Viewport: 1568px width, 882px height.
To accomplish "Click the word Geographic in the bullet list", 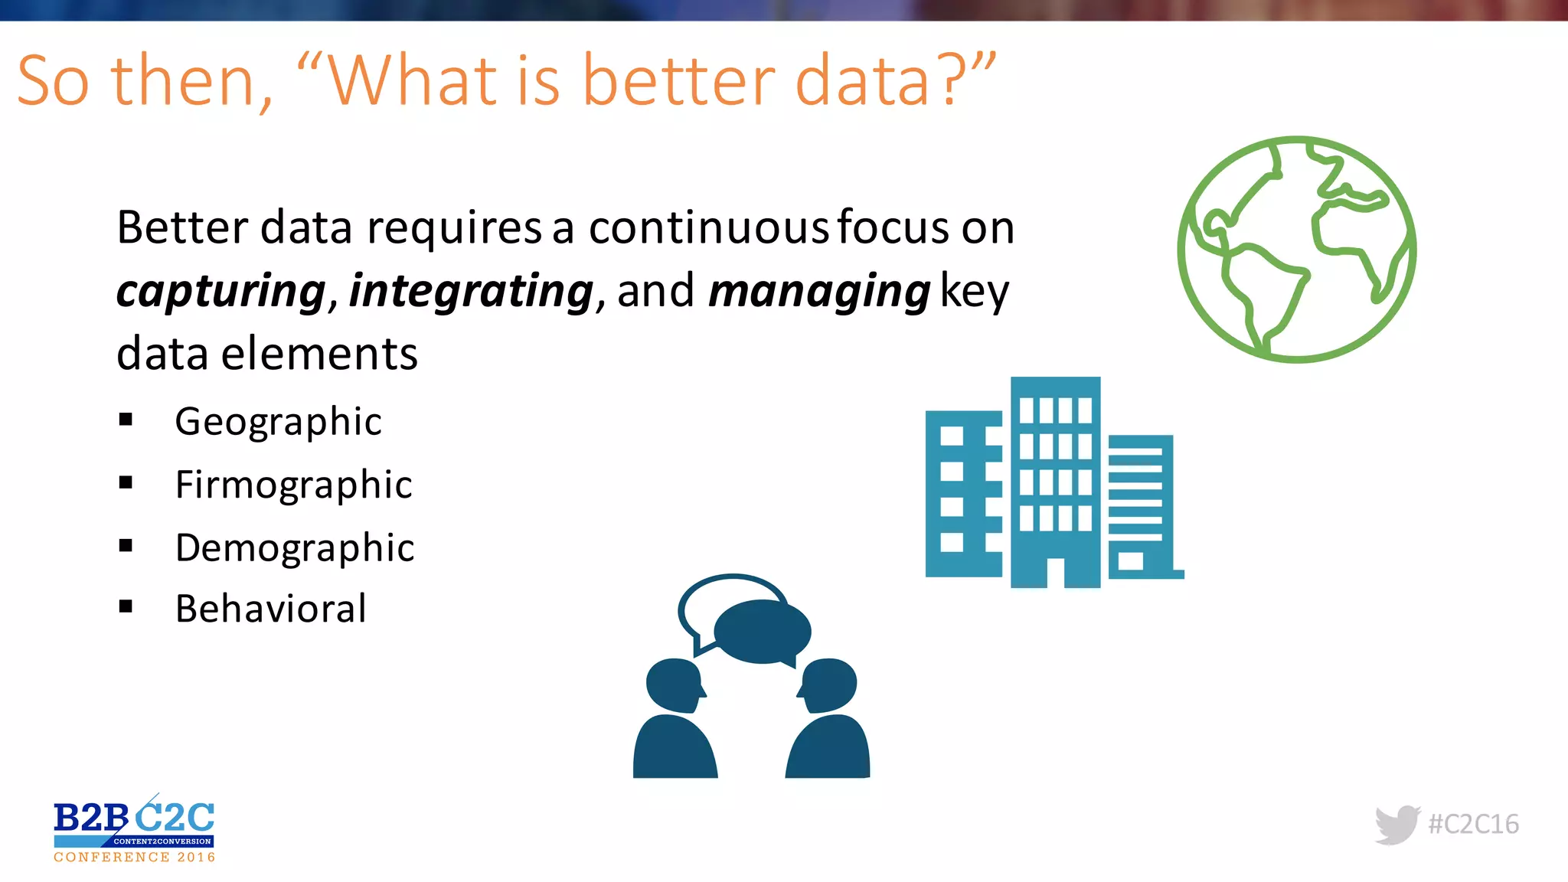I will coord(278,422).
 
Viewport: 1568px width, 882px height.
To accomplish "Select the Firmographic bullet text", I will coord(293,485).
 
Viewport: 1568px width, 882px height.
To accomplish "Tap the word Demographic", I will coord(295,548).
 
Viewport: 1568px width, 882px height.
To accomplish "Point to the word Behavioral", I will coord(270,609).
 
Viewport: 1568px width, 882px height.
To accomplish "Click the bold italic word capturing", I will coord(221,292).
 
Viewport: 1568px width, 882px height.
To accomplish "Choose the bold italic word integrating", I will coord(471,292).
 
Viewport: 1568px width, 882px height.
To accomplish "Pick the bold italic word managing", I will coord(818,292).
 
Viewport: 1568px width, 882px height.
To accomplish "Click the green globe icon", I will coord(1296,249).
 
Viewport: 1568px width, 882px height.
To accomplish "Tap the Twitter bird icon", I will coord(1396,825).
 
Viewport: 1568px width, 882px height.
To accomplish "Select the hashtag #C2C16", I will coord(1473,825).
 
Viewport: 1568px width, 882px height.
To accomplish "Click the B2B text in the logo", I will coord(90,818).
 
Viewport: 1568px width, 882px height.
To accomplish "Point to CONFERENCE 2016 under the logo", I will coord(135,857).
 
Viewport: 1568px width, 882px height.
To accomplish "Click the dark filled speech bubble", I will coord(762,632).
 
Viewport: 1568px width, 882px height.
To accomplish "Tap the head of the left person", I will coord(674,684).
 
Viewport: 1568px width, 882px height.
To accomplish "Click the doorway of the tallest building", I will coord(1055,573).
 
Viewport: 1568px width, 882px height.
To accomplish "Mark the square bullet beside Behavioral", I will coord(126,607).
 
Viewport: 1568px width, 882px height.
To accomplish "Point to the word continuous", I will coord(708,228).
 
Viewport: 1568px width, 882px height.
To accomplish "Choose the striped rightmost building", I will coord(1140,505).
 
